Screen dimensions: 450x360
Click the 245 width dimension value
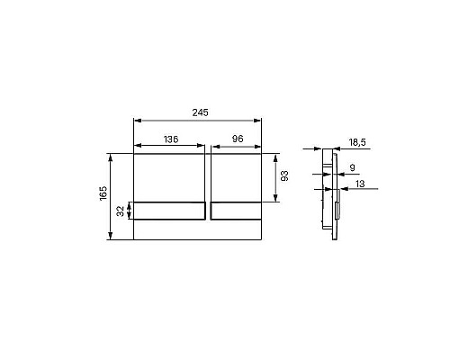coord(200,112)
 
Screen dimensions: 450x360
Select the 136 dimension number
coord(171,139)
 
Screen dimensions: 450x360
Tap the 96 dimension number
coord(238,139)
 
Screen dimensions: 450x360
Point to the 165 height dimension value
coord(103,193)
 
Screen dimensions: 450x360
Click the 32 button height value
coord(121,211)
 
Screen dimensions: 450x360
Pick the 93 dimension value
coord(284,175)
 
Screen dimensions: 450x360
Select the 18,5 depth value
coord(357,142)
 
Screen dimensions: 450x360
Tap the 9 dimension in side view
coord(353,167)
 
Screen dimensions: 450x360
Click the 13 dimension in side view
coord(360,184)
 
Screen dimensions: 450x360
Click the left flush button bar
coord(169,211)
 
